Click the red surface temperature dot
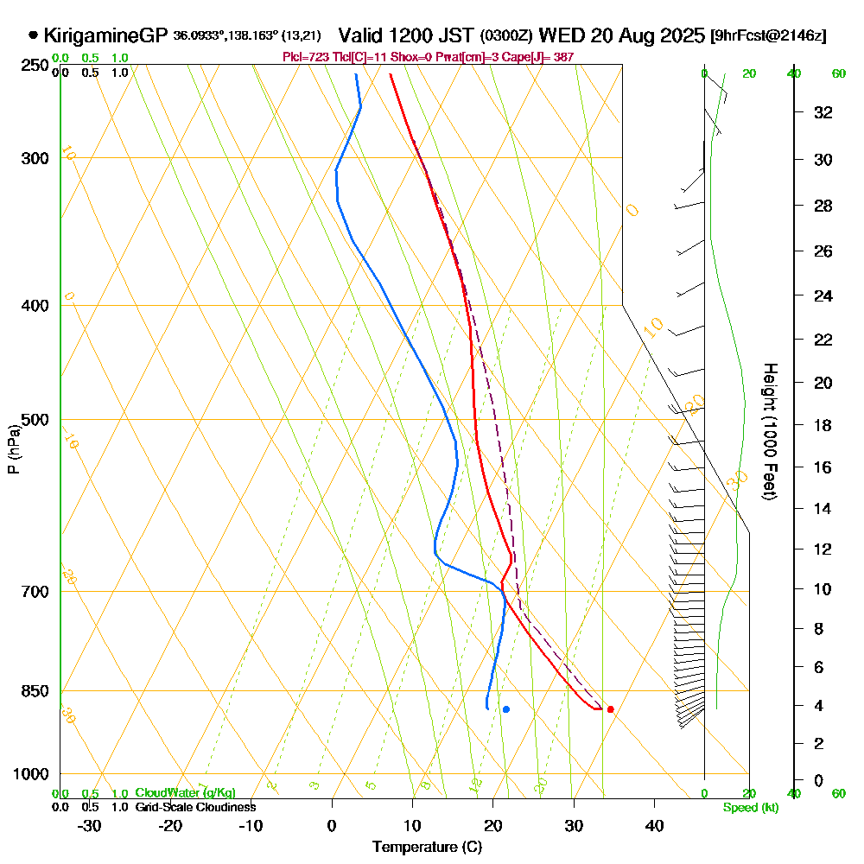click(x=611, y=709)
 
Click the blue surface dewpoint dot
click(x=506, y=709)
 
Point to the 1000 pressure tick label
click(x=30, y=774)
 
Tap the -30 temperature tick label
click(x=90, y=825)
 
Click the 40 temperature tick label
click(x=654, y=825)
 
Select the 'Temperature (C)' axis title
click(x=427, y=848)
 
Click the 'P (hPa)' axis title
click(x=14, y=448)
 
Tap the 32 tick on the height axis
click(x=822, y=112)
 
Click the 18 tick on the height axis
click(x=822, y=425)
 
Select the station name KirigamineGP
click(x=105, y=35)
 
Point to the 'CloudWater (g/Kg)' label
click(x=185, y=792)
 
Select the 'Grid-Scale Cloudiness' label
click(x=194, y=807)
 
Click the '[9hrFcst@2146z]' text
click(x=767, y=36)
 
